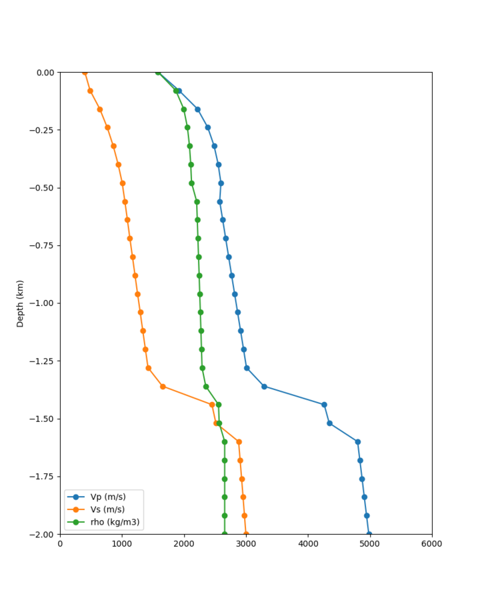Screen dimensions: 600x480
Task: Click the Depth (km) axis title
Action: tap(20, 303)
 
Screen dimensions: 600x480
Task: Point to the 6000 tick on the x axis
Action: tap(432, 544)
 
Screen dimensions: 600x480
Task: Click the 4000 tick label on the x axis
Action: tap(308, 544)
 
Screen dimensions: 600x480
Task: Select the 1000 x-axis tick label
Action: tap(122, 544)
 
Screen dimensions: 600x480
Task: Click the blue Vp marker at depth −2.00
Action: tap(369, 534)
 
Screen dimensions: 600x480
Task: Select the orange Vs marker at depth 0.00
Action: tap(85, 72)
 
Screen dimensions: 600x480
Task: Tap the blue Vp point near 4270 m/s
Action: tap(324, 405)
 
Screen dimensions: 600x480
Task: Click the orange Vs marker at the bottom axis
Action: tap(246, 534)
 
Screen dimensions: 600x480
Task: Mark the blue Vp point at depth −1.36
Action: tap(264, 387)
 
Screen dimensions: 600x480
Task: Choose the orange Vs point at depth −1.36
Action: tap(163, 387)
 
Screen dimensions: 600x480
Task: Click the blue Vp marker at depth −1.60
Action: tap(357, 442)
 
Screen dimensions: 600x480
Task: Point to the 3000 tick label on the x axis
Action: tap(246, 544)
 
